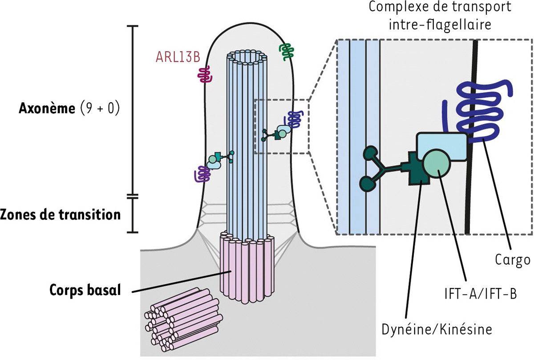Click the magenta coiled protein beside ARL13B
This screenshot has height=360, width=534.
click(205, 75)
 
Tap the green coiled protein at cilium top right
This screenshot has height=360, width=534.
click(285, 53)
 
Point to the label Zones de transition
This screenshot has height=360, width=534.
click(61, 214)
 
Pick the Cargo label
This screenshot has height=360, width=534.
click(512, 259)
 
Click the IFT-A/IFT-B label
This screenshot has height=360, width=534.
click(480, 294)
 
